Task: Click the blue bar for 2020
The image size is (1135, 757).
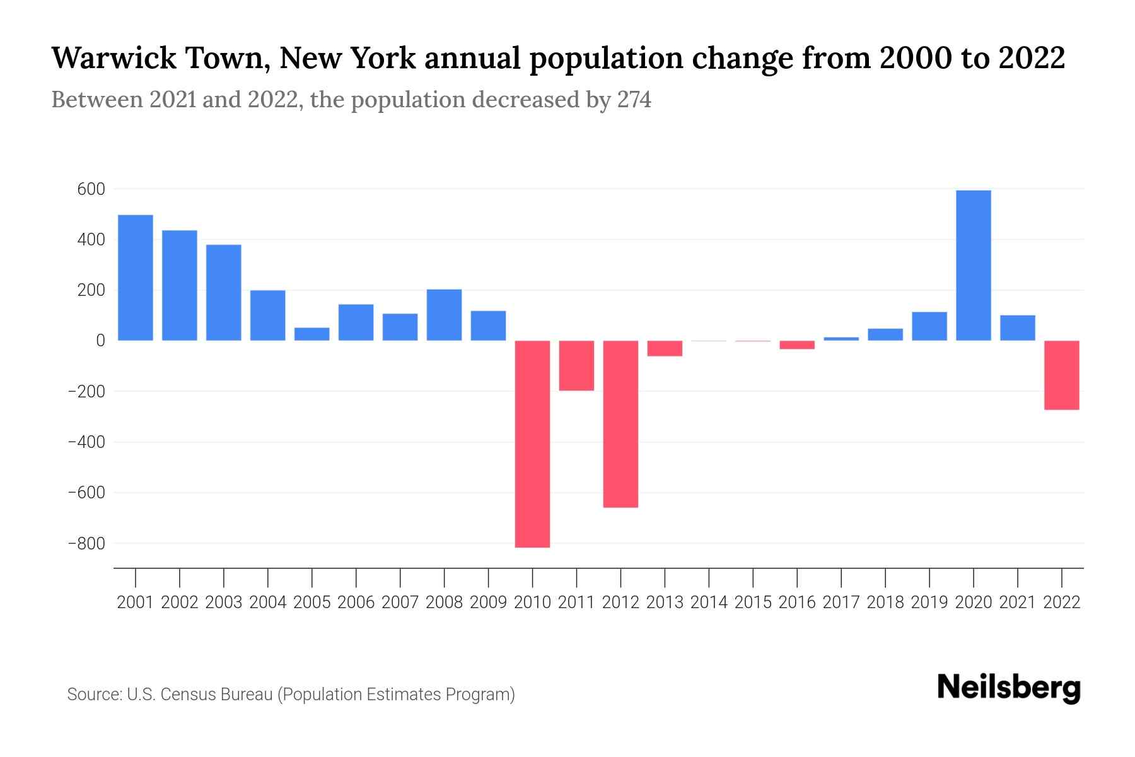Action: click(973, 265)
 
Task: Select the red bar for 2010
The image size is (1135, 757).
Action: click(532, 443)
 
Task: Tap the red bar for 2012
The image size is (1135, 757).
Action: click(620, 423)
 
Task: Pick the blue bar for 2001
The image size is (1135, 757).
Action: click(136, 278)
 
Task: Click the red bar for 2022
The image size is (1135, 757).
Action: click(1061, 375)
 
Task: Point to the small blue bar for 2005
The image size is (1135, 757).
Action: click(311, 334)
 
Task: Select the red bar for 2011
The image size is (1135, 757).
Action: click(576, 365)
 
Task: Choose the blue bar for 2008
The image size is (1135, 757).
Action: click(444, 315)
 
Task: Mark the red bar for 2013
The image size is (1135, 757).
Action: click(665, 348)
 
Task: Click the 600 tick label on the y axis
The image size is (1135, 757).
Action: click(91, 189)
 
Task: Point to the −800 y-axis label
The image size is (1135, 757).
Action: click(88, 544)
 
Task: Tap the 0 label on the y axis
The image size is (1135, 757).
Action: click(100, 341)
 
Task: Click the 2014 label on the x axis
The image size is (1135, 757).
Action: click(709, 602)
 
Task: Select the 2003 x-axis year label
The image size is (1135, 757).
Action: click(224, 602)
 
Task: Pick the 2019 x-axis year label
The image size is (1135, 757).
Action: click(929, 602)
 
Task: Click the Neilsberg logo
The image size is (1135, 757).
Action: click(1009, 688)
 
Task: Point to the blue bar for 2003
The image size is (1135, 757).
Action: click(224, 293)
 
